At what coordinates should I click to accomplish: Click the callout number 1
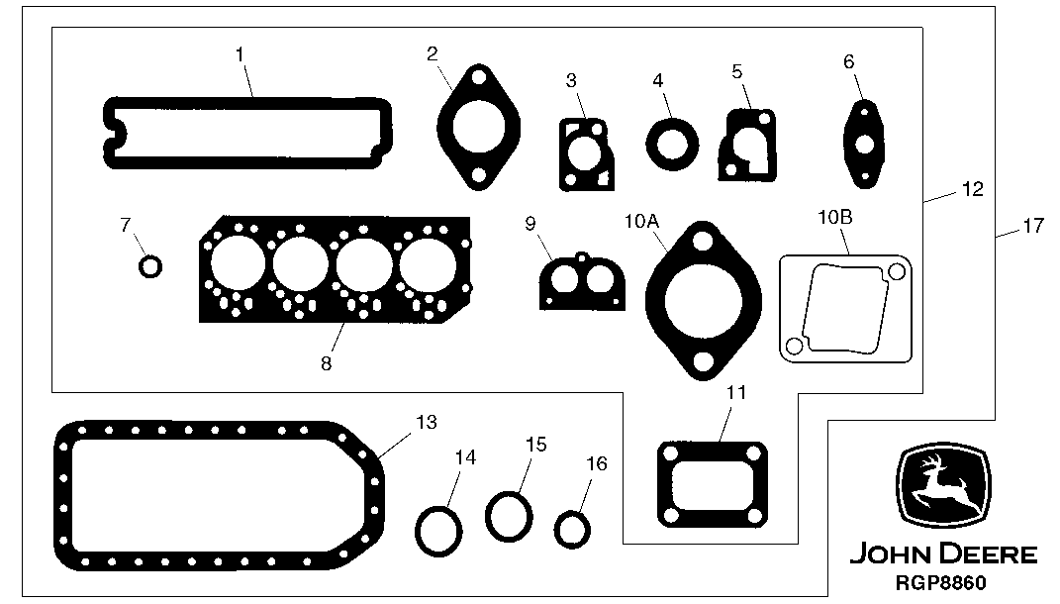click(x=241, y=54)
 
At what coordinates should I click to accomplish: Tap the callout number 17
click(x=1032, y=226)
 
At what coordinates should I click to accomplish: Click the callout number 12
click(x=972, y=189)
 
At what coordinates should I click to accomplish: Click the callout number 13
click(x=426, y=423)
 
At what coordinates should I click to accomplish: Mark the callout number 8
click(x=326, y=363)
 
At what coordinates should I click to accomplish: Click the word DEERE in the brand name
click(x=990, y=554)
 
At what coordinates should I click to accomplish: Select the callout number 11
click(x=734, y=392)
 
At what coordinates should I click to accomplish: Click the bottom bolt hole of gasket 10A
click(x=702, y=363)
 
